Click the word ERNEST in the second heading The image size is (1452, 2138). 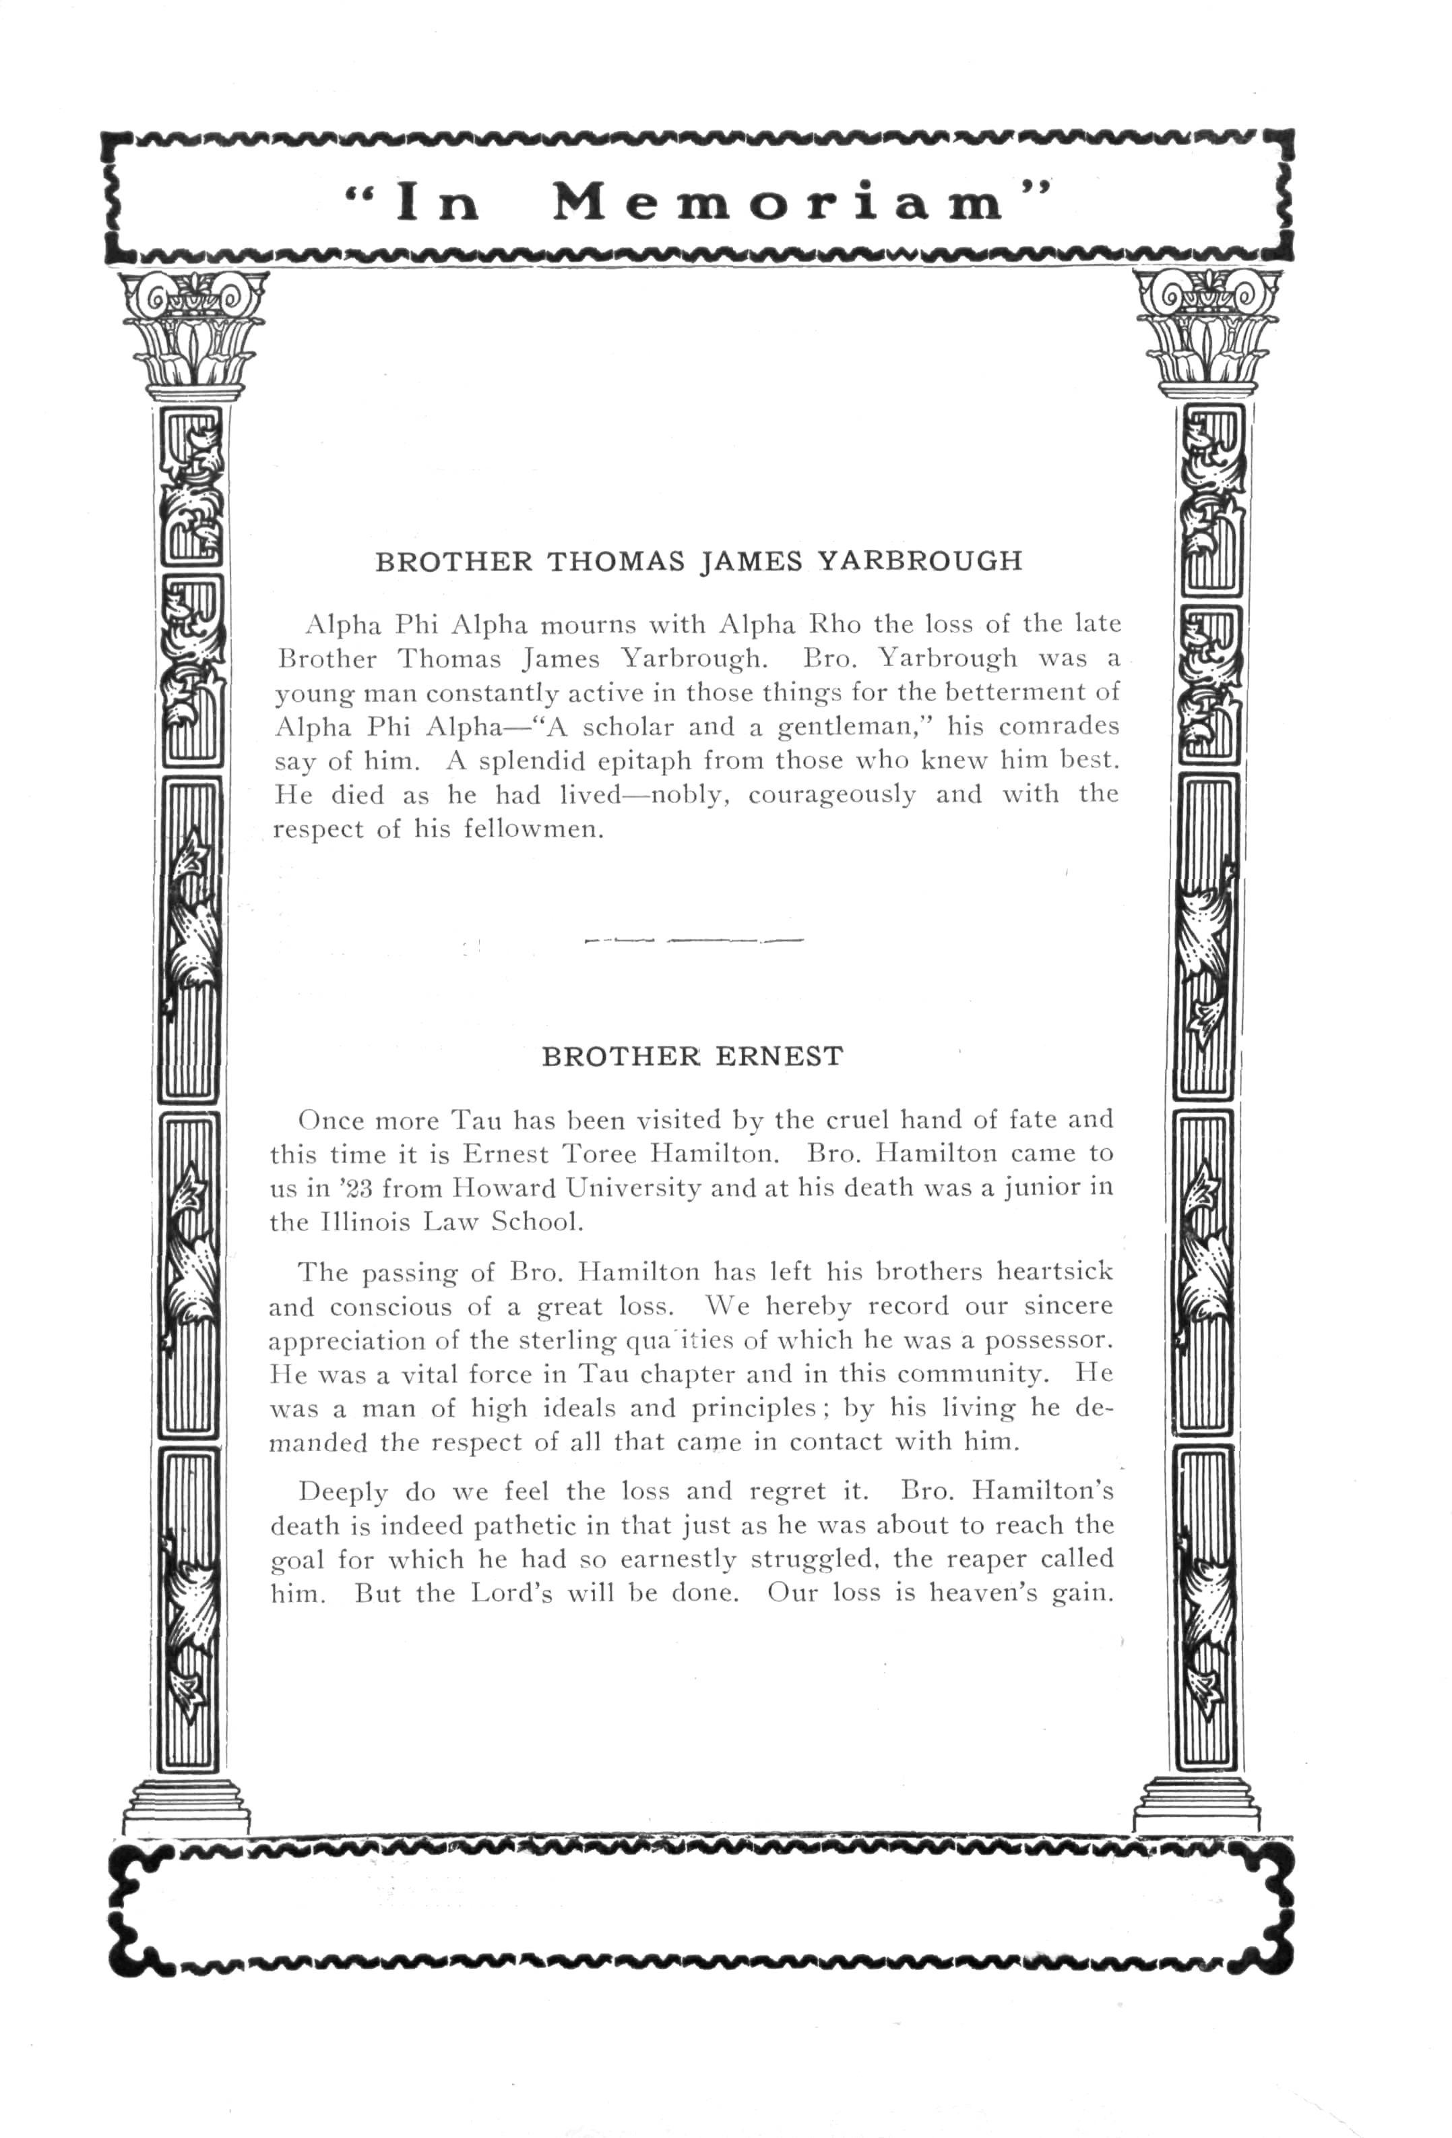[779, 1055]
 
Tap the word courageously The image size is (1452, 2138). [831, 795]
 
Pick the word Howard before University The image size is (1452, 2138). [504, 1188]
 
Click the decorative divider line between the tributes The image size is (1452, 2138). [693, 940]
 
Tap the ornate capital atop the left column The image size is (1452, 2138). [194, 328]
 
